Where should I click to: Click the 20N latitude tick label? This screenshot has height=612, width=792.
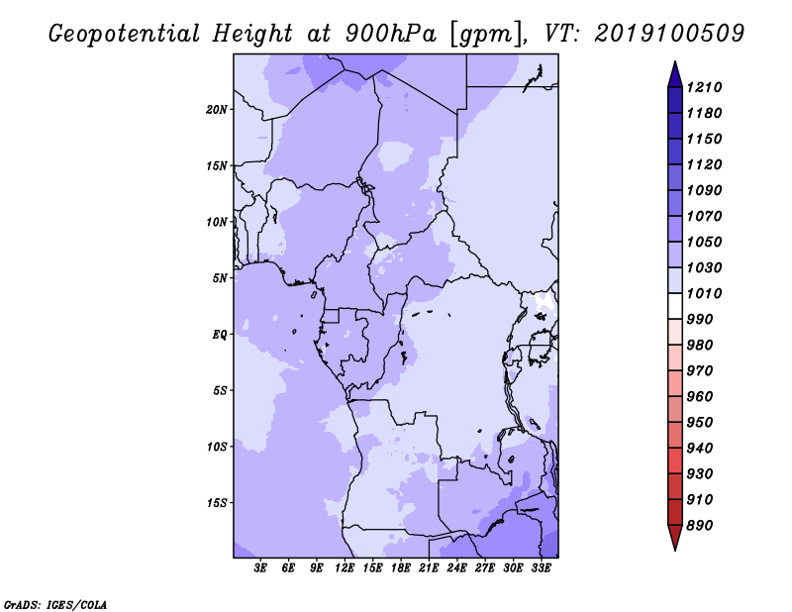click(x=217, y=110)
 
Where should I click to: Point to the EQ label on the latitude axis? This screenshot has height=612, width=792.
click(x=220, y=335)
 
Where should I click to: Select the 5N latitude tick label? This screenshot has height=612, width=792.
click(x=220, y=278)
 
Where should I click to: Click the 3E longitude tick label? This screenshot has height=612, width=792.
click(x=260, y=568)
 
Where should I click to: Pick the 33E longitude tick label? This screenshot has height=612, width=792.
click(x=541, y=568)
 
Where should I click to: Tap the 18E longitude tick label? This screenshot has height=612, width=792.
click(x=401, y=568)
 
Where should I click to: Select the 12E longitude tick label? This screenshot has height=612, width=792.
click(x=345, y=568)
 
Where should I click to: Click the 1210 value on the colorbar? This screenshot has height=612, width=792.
click(x=704, y=87)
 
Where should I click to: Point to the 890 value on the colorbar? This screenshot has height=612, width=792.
click(x=700, y=526)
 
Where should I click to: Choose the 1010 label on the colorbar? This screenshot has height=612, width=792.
click(x=704, y=293)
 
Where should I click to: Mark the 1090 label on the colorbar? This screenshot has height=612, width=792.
click(x=704, y=190)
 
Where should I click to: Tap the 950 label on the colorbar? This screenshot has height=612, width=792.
click(x=700, y=423)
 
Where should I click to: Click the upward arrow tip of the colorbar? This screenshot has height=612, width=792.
click(x=675, y=61)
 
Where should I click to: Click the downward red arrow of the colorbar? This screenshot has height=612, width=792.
click(x=675, y=538)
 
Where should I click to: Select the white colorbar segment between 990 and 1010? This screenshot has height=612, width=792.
click(x=675, y=306)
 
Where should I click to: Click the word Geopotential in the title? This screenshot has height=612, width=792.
click(x=125, y=35)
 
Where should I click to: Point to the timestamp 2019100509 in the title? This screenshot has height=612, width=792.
click(x=669, y=34)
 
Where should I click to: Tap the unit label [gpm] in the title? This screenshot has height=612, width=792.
click(x=488, y=35)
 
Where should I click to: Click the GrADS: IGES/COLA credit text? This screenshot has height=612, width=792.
click(x=55, y=605)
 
